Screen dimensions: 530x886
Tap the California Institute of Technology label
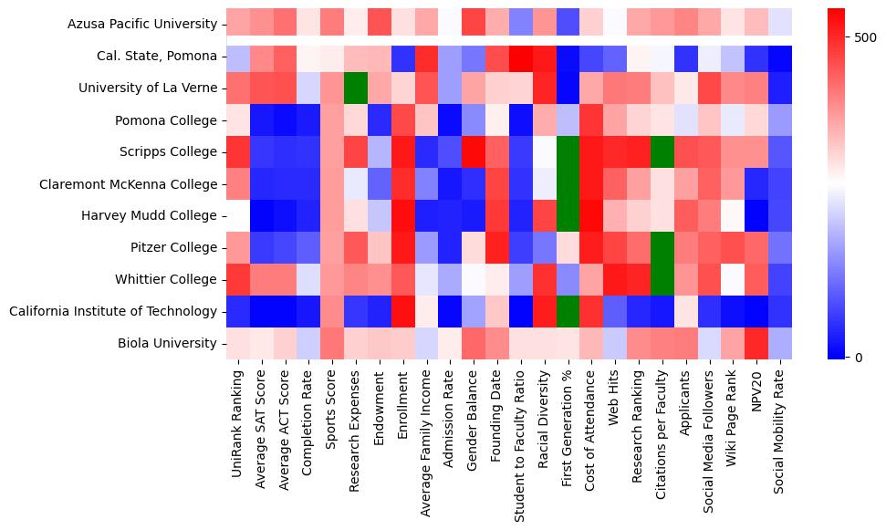click(113, 312)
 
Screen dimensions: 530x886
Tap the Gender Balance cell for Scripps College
click(474, 152)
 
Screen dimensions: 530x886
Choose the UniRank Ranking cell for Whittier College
click(237, 280)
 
